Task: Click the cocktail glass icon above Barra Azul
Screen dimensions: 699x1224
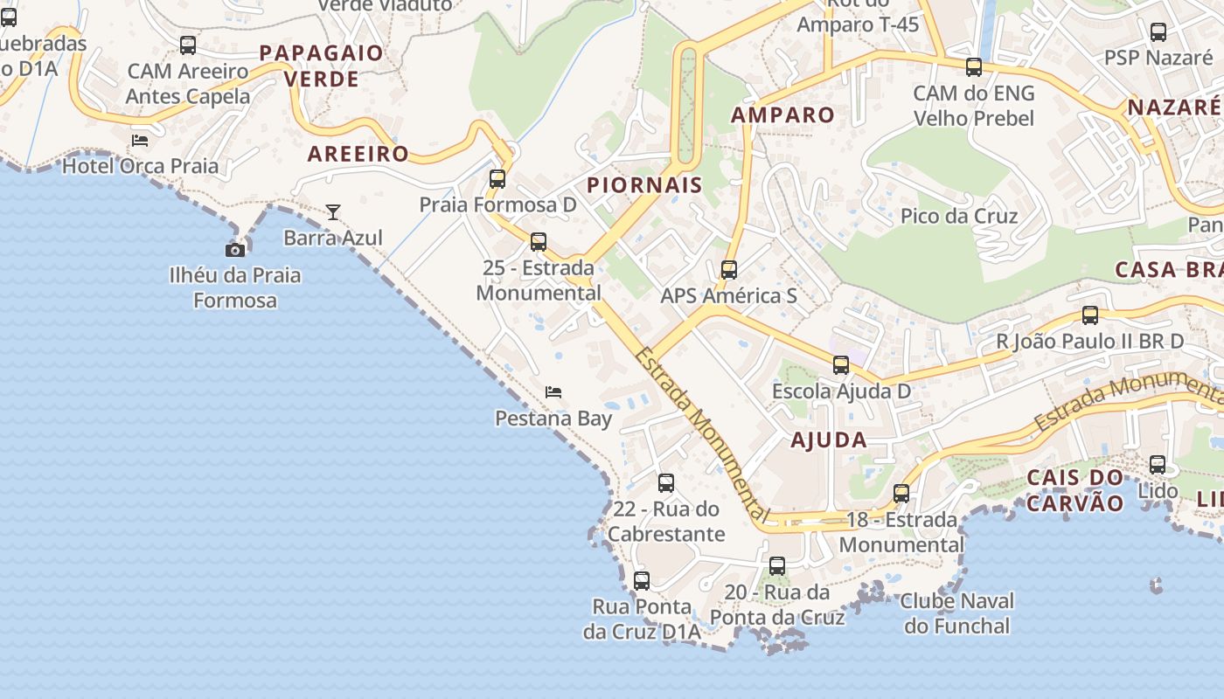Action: (333, 211)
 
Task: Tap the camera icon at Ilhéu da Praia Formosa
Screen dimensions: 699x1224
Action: (234, 250)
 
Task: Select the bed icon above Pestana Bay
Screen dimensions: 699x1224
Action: (553, 392)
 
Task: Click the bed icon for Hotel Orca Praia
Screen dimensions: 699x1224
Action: (140, 140)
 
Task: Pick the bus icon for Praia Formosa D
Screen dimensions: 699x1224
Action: (497, 179)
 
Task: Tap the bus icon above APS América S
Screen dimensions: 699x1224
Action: (729, 270)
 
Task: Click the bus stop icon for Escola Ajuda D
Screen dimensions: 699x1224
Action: (841, 365)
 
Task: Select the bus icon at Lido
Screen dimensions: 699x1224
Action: (1158, 465)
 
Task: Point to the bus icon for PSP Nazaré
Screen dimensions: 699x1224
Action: (1158, 32)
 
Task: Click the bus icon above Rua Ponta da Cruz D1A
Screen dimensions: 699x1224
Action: (642, 580)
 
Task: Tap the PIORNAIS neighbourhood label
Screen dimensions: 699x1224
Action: (644, 184)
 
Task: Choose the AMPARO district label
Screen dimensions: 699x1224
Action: (782, 114)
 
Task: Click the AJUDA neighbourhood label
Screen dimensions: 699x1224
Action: (829, 439)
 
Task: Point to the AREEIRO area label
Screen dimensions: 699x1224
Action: (358, 154)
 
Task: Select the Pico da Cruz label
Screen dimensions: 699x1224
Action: (959, 216)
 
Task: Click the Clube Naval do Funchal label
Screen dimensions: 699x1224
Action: (957, 613)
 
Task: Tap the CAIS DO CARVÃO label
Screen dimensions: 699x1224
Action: (1074, 490)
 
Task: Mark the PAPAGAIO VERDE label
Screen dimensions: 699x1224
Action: (322, 66)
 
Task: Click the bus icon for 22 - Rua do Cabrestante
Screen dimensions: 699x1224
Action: (666, 483)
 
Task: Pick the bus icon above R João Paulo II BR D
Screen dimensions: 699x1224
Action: (1090, 315)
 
